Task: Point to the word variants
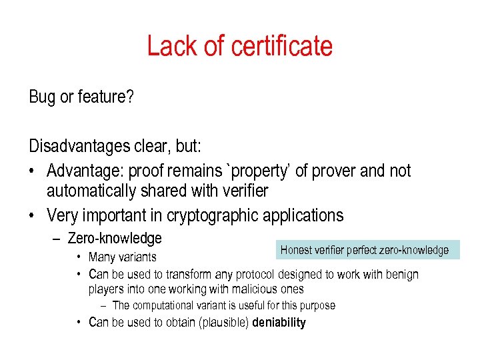137,257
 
